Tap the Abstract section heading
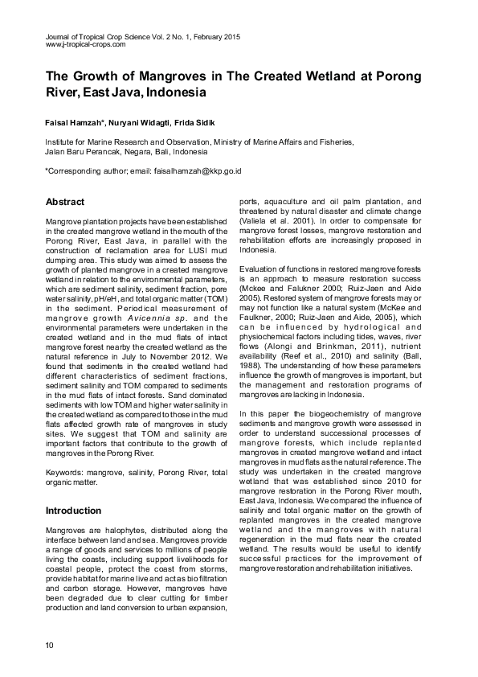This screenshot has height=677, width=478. click(65, 201)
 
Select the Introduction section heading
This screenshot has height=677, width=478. click(73, 511)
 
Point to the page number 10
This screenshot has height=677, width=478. click(50, 646)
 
